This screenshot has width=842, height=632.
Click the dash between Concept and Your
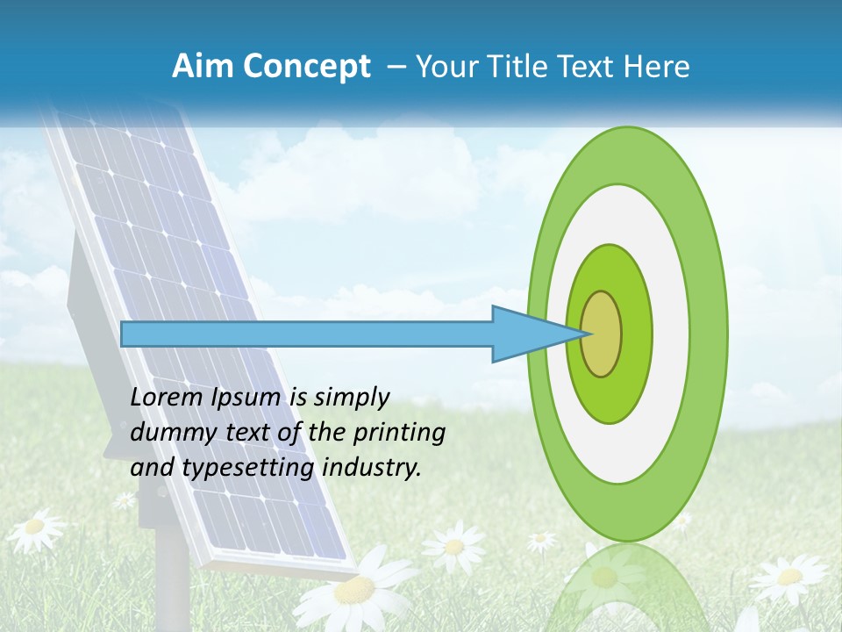(x=396, y=67)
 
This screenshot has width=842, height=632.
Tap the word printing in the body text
(x=399, y=433)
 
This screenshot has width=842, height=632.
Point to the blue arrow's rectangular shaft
(x=307, y=334)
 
